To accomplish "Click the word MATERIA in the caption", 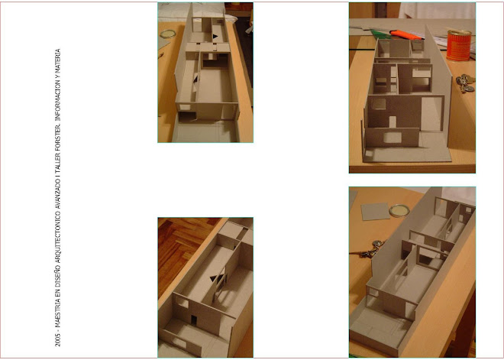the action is point(58,60).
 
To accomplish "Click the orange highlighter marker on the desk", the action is point(405,34).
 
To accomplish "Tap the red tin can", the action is point(459,45).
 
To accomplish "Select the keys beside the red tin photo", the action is point(465,83).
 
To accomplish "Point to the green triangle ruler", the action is point(380,34).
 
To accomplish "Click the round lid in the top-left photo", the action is point(168,34).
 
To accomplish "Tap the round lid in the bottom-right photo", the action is point(399,211).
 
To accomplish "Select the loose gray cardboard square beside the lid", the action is point(375,212).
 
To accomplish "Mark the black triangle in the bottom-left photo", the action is point(214,279).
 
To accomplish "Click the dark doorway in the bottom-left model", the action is point(194,320).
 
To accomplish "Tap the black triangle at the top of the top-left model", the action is point(215,37).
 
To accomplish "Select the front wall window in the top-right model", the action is point(393,138).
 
